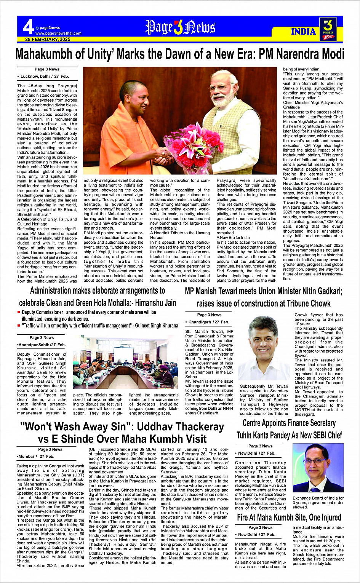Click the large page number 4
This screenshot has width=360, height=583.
tap(28, 27)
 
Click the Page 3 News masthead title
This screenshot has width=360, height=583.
tap(180, 27)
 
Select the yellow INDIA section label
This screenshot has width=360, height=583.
tap(303, 31)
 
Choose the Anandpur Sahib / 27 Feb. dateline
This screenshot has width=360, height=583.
tap(42, 345)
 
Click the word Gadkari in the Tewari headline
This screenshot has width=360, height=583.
tap(325, 291)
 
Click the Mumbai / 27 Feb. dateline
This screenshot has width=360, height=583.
tap(36, 456)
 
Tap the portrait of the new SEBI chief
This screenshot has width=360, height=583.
tap(318, 468)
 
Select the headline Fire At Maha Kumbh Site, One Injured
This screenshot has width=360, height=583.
tap(289, 517)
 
